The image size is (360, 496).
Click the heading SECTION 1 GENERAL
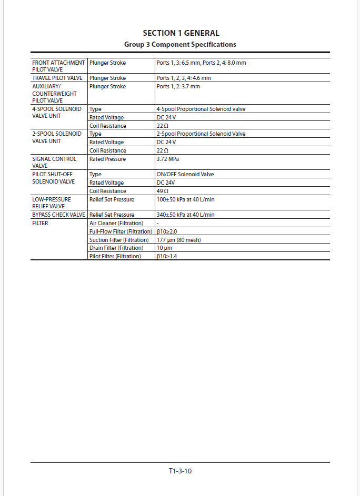click(x=181, y=33)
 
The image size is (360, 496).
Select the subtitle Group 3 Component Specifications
click(x=180, y=44)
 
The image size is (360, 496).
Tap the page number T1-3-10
click(x=180, y=471)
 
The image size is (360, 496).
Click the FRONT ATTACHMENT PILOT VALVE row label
click(x=58, y=66)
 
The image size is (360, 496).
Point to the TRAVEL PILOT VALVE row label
click(x=58, y=78)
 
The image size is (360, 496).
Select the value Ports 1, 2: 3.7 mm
click(x=178, y=86)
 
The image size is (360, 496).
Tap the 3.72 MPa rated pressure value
click(x=167, y=159)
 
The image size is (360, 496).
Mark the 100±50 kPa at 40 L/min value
click(x=185, y=199)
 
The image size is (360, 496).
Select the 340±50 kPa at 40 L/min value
click(x=185, y=215)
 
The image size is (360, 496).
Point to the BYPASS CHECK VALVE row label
click(x=58, y=215)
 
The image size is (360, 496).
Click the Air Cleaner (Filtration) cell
click(x=116, y=223)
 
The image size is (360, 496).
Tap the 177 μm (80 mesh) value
click(x=178, y=240)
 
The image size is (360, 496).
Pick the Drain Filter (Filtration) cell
click(x=116, y=248)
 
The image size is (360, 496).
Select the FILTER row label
click(x=40, y=223)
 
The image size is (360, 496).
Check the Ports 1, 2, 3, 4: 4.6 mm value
click(x=184, y=78)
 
